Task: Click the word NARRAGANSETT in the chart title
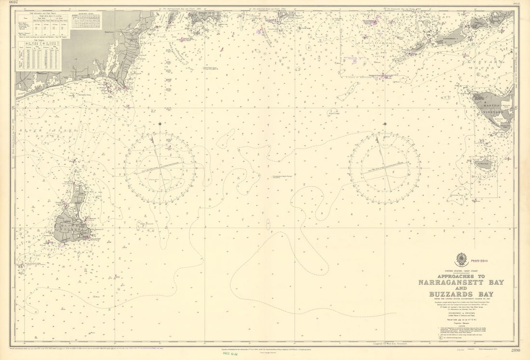(461, 282)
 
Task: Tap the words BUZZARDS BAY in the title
(461, 294)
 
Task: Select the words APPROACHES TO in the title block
(461, 276)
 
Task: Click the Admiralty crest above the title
(461, 260)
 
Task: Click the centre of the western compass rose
(160, 168)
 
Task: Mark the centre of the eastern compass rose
(384, 168)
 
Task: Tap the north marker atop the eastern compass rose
(384, 124)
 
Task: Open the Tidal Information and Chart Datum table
(43, 25)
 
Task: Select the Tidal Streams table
(39, 55)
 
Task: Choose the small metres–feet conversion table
(86, 21)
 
